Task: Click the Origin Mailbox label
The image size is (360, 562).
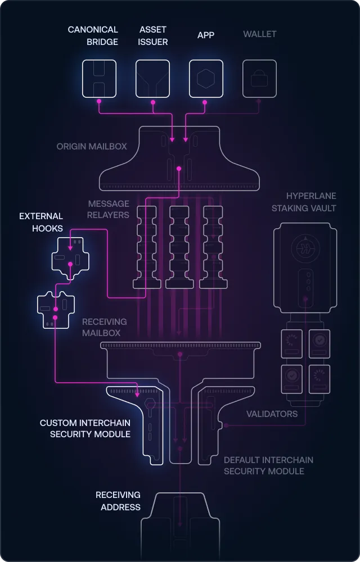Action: tap(92, 146)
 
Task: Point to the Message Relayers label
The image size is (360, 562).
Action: tap(108, 209)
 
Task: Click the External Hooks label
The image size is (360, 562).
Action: tap(41, 222)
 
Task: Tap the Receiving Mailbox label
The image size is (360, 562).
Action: tap(104, 327)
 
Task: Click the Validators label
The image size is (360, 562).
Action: tap(272, 414)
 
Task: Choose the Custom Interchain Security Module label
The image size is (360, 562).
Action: tap(85, 428)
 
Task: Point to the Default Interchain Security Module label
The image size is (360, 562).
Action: tap(268, 465)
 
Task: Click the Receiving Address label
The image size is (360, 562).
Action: tap(118, 501)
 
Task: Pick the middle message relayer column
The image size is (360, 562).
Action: tap(179, 246)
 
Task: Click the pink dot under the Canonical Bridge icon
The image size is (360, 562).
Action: tap(99, 102)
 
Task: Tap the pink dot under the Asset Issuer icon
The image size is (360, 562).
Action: tap(152, 102)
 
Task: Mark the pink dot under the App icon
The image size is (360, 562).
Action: tap(205, 102)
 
